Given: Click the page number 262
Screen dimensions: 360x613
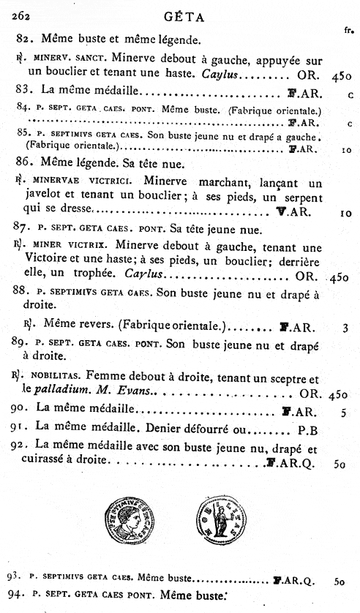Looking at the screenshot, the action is pos(15,10).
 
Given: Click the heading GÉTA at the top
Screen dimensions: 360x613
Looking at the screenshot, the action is pos(187,12).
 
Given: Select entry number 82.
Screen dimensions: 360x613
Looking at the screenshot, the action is pos(24,39).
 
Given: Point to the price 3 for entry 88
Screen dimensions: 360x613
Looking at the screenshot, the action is pos(345,328).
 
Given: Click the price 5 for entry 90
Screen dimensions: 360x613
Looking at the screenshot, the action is pos(343,413).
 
